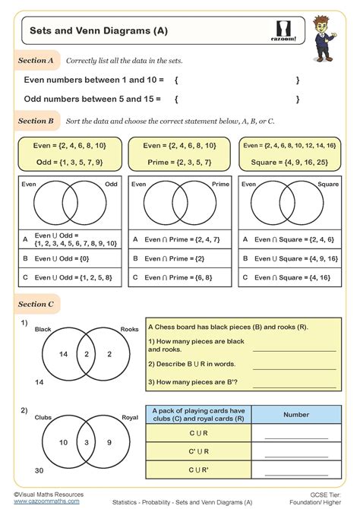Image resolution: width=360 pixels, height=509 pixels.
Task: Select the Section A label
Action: tap(36, 59)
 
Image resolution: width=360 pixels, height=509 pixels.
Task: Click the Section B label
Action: tap(36, 121)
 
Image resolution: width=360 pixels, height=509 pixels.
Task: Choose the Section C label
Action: tap(36, 304)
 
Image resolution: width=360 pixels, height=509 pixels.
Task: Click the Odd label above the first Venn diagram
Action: tap(111, 184)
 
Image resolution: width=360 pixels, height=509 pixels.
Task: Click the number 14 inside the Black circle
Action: tap(64, 354)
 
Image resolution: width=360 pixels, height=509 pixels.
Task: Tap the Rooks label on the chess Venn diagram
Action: tap(129, 330)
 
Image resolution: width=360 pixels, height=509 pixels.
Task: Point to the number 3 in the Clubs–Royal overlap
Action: tap(87, 442)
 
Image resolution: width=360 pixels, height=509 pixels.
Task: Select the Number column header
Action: tap(295, 415)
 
